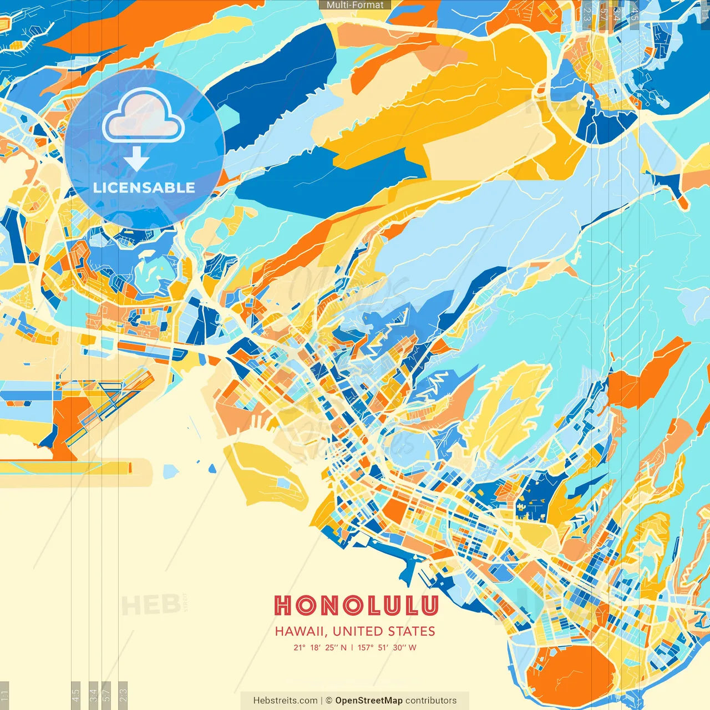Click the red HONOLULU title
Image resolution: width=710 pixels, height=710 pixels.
coord(356,606)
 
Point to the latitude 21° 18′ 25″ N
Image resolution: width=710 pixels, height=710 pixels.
coord(320,647)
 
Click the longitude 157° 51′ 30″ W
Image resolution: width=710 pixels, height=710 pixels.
coord(387,647)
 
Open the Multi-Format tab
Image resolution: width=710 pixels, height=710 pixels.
coord(355,5)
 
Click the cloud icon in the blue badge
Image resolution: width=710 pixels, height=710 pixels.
coord(143,115)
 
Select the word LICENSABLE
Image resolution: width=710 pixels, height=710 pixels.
coord(144,187)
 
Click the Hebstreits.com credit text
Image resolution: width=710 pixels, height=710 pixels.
coord(285,701)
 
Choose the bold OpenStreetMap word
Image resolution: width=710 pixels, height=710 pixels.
coord(369,701)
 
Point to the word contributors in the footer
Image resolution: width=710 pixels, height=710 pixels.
coord(431,701)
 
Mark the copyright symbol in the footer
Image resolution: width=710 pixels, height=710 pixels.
coord(329,701)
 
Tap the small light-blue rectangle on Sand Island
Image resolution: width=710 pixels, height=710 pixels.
coord(284,483)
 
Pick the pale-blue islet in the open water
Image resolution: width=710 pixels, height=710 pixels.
coord(171,471)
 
